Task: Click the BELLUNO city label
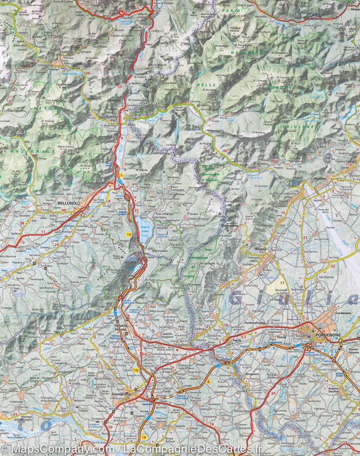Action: point(66,203)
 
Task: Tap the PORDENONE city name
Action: point(327,335)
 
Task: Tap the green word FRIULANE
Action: point(298,126)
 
